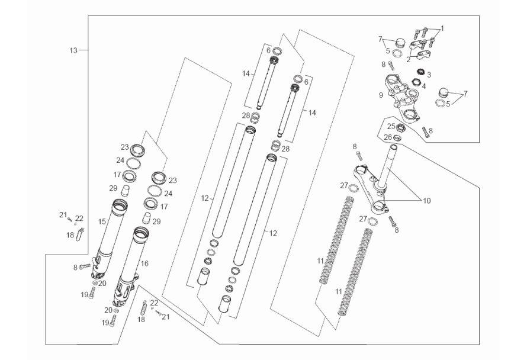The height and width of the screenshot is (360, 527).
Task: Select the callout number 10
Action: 427,201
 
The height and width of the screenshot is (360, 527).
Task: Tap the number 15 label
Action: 102,221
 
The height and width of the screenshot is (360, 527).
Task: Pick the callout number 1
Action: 442,28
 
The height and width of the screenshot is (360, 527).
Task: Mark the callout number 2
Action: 408,59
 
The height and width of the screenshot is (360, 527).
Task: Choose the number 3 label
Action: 429,75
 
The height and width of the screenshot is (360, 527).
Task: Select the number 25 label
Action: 390,126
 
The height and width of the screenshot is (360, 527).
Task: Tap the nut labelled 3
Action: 420,72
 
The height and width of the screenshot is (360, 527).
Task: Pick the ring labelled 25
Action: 401,128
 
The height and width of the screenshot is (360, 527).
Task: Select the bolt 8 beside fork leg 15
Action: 84,267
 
